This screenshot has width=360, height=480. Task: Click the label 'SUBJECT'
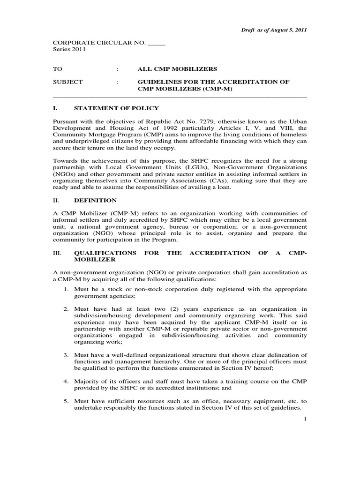[x=67, y=82]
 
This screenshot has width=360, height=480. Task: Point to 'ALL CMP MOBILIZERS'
[x=171, y=68]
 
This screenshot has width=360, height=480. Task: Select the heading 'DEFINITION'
[x=95, y=200]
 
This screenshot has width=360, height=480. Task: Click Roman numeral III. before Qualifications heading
[x=57, y=253]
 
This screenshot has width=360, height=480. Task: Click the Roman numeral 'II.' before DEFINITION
[x=56, y=200]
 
